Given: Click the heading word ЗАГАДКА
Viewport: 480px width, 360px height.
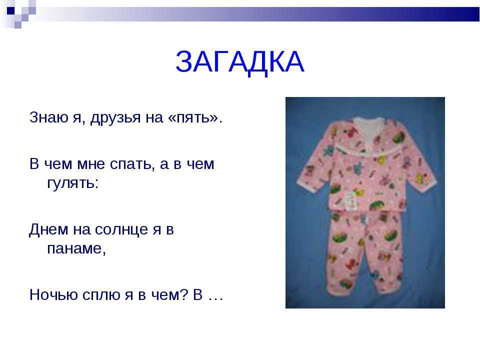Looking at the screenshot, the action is (239, 62).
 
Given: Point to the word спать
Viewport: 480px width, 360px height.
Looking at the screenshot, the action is (130, 164).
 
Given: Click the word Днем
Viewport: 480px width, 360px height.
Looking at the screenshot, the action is (48, 229).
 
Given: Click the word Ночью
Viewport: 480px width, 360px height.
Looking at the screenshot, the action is (53, 295).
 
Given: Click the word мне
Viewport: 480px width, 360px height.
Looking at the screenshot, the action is (90, 164).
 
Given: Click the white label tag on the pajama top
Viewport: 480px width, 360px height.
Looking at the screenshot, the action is (351, 201).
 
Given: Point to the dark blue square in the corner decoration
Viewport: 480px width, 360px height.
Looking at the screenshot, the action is (10, 10).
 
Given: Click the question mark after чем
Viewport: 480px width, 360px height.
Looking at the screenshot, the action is (183, 294).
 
